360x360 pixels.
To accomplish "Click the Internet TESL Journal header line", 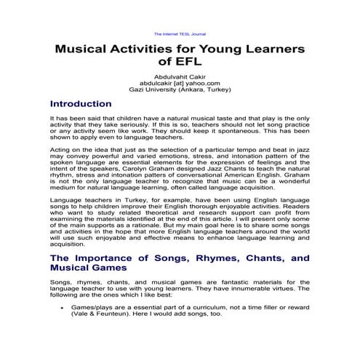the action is [x=180, y=33].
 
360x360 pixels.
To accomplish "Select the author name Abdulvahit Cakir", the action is [x=180, y=76].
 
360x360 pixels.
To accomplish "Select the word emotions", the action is [x=167, y=154].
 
